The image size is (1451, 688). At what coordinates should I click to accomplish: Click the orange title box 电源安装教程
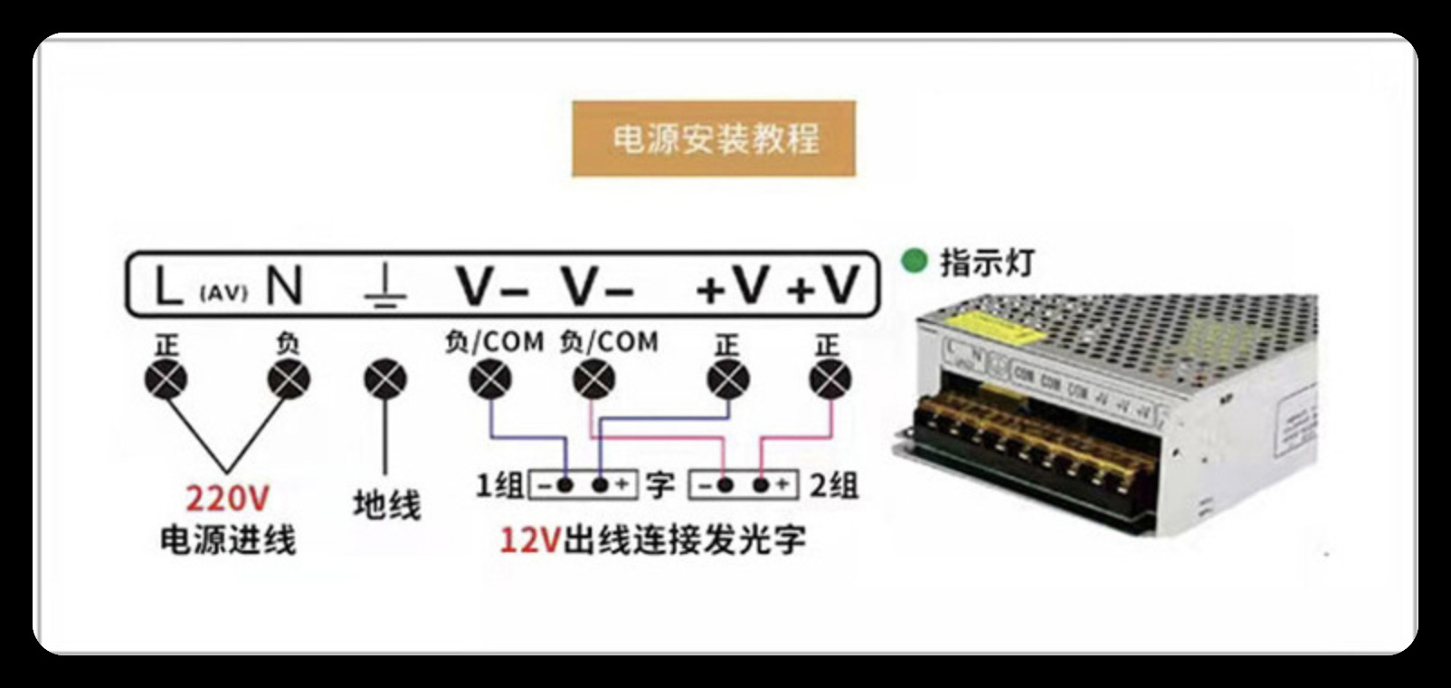point(714,139)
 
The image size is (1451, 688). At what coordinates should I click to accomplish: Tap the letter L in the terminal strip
point(168,286)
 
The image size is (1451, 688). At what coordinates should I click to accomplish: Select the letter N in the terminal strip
point(284,286)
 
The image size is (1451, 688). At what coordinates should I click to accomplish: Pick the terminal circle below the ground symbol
point(385,379)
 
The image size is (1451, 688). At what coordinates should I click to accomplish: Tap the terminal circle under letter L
point(166,379)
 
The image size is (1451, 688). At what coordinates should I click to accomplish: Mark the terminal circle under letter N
point(289,379)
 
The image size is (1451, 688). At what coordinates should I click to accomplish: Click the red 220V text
point(227,499)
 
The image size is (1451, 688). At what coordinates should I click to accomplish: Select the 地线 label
point(386,504)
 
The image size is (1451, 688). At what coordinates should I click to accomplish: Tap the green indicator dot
point(915,262)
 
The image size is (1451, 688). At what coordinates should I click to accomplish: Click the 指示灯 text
point(987,263)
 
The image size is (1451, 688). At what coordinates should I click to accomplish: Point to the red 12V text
point(530,540)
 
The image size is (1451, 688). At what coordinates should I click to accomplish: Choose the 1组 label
point(499,485)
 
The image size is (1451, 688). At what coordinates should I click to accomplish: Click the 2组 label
point(833,485)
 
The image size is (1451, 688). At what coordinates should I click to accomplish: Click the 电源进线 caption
point(228,540)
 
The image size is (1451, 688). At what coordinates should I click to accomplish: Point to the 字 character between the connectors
point(660,485)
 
